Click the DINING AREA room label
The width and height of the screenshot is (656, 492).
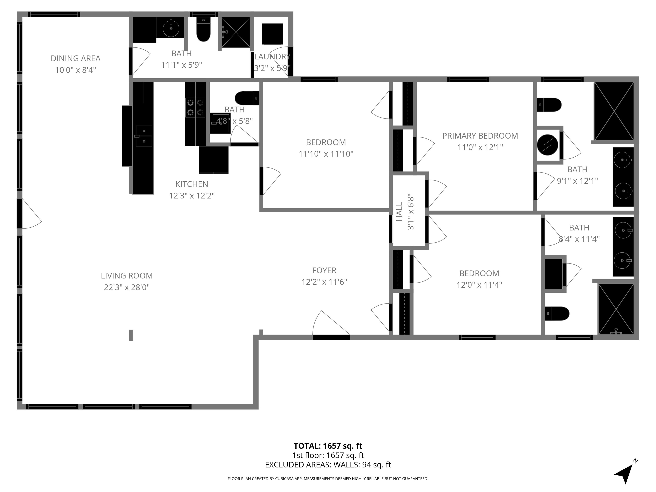pos(75,59)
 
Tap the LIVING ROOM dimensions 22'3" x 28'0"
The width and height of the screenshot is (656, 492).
pos(127,287)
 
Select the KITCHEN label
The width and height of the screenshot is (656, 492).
pos(192,184)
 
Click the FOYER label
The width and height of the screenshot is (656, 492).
pos(324,271)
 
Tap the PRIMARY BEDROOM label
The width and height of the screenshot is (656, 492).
pos(480,136)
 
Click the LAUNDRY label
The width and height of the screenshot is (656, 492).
pos(272,57)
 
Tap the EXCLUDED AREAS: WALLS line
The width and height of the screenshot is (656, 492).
pos(328,465)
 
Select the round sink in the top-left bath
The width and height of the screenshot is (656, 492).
pos(171,28)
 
